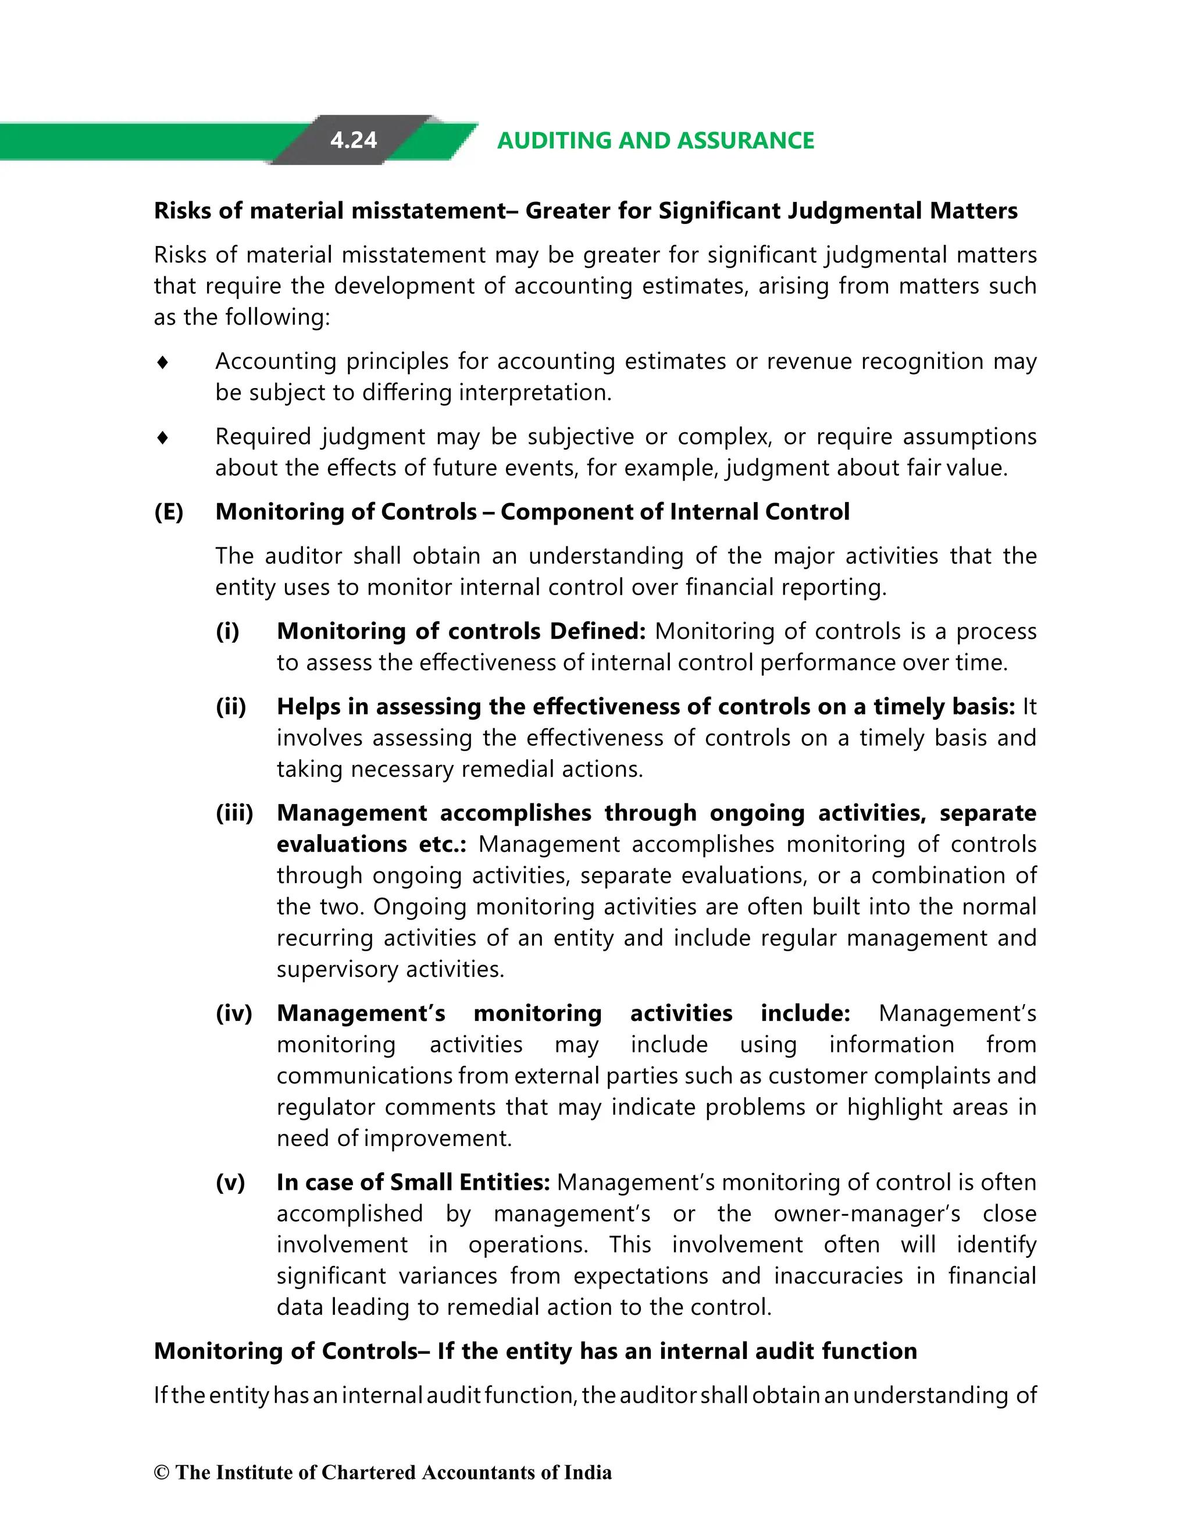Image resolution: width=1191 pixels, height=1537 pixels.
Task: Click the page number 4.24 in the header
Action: [353, 140]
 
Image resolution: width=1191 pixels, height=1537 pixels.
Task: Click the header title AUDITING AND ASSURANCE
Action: [655, 140]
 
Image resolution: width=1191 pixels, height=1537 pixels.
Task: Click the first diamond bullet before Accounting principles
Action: [162, 362]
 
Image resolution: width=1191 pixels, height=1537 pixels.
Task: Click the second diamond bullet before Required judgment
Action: [162, 437]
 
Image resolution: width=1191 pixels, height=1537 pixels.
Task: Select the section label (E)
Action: [169, 511]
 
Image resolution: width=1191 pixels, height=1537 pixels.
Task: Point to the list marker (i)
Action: [227, 631]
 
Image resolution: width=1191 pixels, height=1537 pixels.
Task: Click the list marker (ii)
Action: [231, 707]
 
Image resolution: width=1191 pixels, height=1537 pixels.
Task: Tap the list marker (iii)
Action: [234, 813]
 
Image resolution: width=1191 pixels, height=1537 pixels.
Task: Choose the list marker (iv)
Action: [234, 1013]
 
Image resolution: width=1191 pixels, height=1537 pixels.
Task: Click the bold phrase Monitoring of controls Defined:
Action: [461, 631]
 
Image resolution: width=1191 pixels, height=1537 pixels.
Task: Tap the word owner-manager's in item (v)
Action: [866, 1214]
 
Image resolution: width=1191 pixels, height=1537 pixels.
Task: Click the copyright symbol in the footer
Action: [162, 1472]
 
